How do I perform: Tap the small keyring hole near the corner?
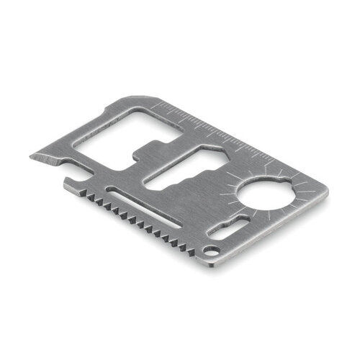tap(210, 251)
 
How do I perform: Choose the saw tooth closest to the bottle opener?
tap(85, 190)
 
